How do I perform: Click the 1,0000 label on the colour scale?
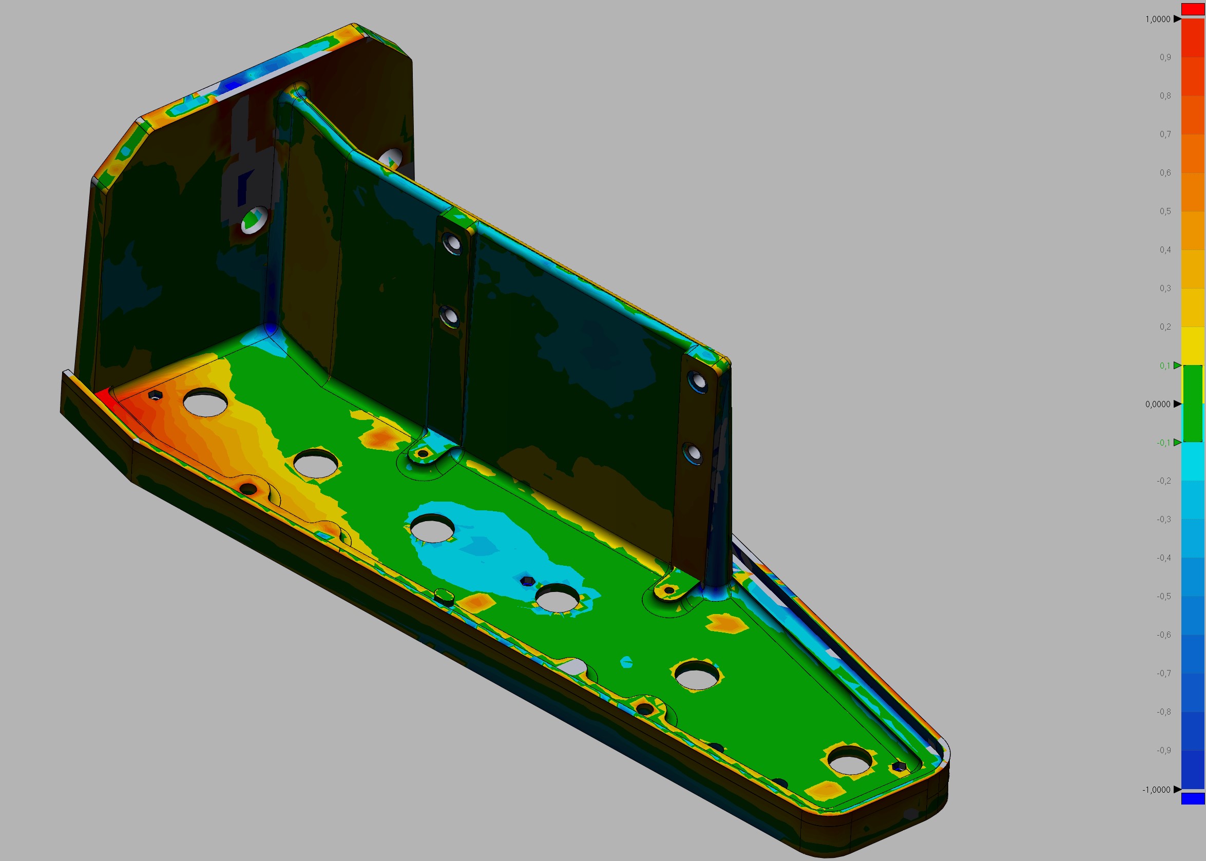click(1157, 19)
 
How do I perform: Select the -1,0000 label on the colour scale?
click(1156, 790)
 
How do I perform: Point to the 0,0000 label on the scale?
click(1157, 404)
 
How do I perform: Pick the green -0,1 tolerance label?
click(1163, 443)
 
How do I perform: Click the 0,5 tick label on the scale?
click(1164, 212)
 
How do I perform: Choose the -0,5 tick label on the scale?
click(1163, 597)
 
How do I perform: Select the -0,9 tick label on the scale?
click(1163, 750)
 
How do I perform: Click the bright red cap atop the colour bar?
click(1193, 9)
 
